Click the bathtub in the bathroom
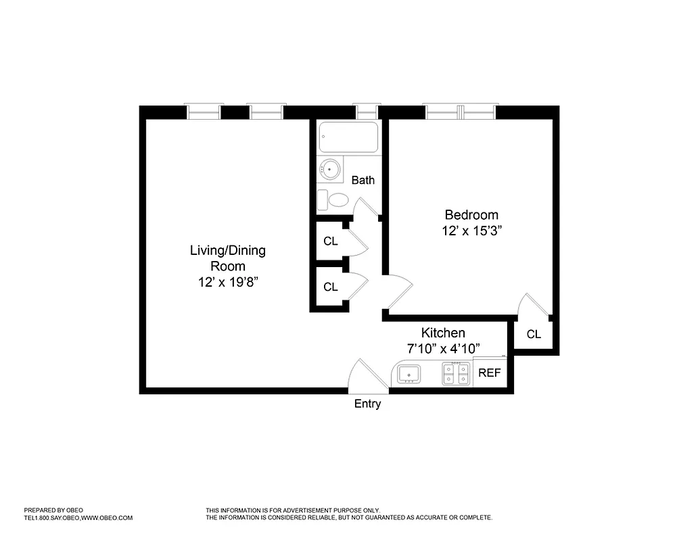(x=349, y=138)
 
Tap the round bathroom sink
(x=331, y=169)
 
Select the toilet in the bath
(x=334, y=199)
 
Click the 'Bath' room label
(x=363, y=180)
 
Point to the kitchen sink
(x=409, y=373)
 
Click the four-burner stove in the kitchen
(x=456, y=373)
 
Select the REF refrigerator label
(x=489, y=373)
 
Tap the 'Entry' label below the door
(x=368, y=404)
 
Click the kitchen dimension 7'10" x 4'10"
(x=444, y=348)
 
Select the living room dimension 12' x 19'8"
(x=227, y=282)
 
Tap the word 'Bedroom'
(x=471, y=215)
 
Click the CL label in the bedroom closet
(x=534, y=334)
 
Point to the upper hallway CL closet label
(x=330, y=241)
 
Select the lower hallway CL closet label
(x=330, y=287)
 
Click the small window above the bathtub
(x=367, y=112)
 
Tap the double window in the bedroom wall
(x=460, y=112)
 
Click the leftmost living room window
(x=204, y=112)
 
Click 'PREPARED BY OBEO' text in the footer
(x=53, y=510)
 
